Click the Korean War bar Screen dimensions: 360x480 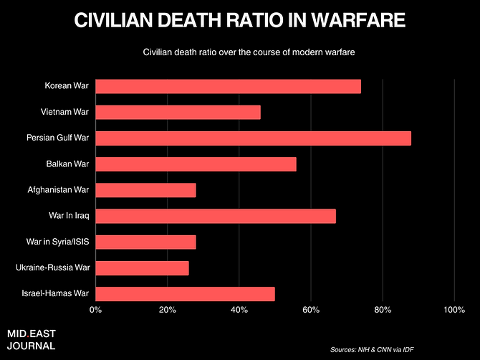228,87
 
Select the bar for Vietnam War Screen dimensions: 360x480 178,113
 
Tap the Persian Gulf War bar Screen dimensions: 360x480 253,138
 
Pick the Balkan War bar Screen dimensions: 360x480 196,164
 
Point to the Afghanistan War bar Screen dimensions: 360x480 145,190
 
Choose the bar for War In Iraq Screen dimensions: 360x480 215,216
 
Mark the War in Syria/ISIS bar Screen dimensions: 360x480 145,242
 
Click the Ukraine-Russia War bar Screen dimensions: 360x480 142,267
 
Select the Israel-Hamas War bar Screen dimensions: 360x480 185,293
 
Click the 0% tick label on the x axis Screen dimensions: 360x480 95,310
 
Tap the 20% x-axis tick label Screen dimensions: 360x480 167,310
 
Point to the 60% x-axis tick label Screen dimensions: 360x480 310,310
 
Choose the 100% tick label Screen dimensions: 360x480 454,310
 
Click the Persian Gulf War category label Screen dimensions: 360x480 57,138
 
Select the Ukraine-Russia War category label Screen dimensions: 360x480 52,267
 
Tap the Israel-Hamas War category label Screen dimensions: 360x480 55,293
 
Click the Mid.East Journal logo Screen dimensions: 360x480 32,339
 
